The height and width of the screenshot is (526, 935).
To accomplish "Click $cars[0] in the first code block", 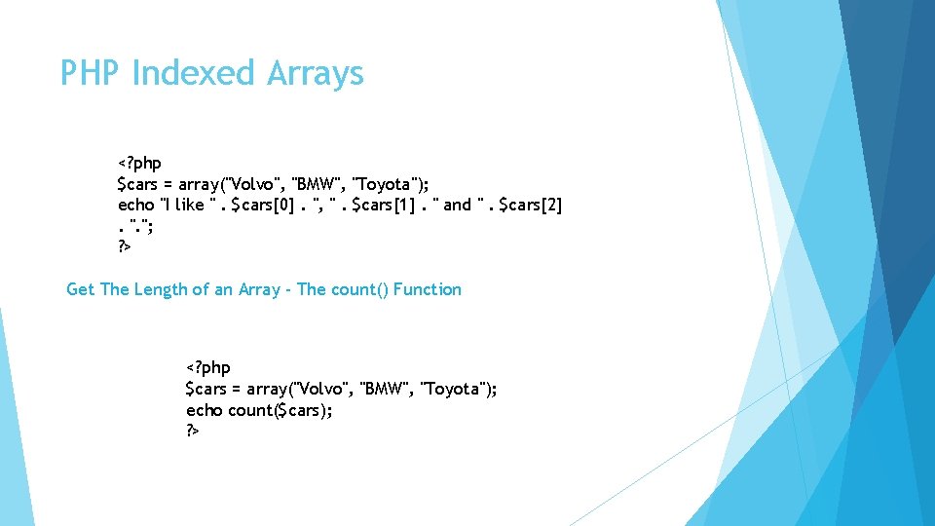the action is click(x=265, y=205).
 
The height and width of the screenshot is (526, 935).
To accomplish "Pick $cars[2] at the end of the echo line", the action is click(x=530, y=205).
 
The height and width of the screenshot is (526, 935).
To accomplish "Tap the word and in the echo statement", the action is click(x=457, y=205).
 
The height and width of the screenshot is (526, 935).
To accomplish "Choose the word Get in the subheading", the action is click(x=80, y=289).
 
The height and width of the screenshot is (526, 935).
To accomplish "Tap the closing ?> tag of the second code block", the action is click(x=193, y=431).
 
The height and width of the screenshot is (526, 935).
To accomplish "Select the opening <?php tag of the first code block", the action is click(x=139, y=163).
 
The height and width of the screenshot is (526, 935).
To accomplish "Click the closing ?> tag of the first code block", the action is click(x=124, y=246).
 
